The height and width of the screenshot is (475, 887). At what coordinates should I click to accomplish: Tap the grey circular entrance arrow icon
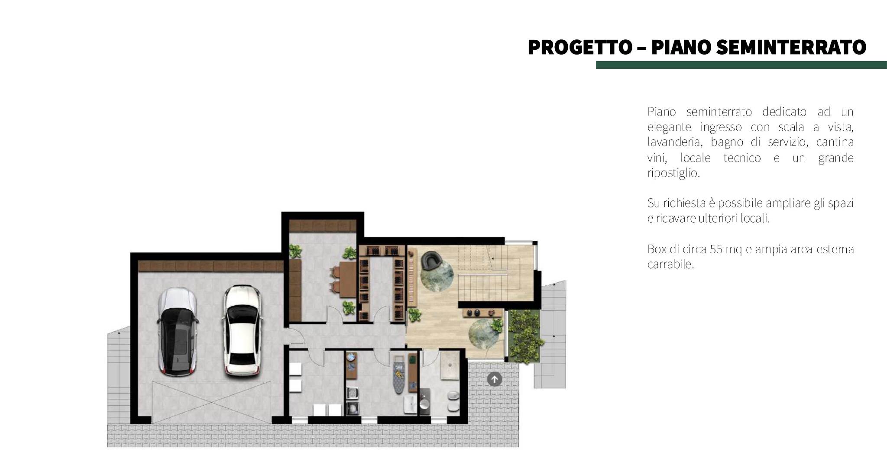click(494, 379)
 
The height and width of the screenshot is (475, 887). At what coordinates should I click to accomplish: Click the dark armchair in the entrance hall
click(430, 261)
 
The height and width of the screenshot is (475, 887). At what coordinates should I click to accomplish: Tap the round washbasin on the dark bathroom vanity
click(424, 404)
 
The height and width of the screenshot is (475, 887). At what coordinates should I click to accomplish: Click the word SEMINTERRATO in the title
click(791, 48)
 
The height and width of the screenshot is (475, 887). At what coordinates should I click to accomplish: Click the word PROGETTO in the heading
click(580, 48)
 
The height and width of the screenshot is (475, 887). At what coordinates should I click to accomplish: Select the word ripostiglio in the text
click(673, 173)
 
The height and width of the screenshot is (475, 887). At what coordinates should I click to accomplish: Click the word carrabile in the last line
click(670, 265)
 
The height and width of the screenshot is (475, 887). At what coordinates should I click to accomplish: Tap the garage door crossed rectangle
click(211, 402)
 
